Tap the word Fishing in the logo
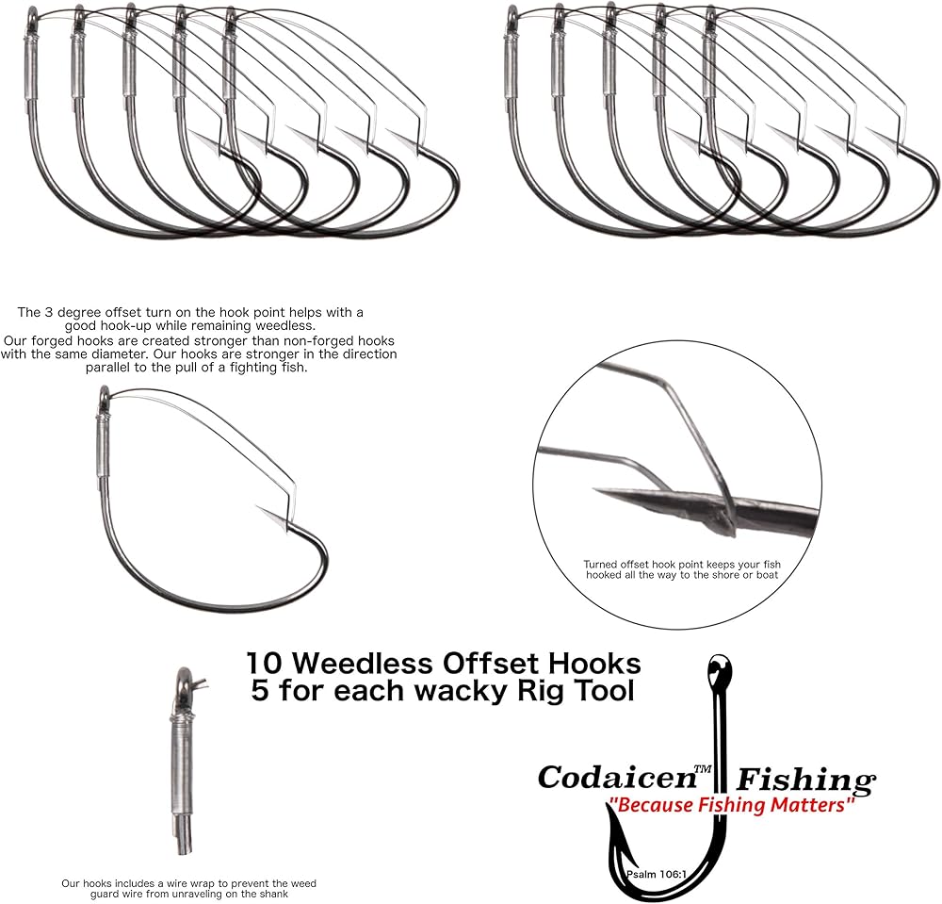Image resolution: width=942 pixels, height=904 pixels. (806, 781)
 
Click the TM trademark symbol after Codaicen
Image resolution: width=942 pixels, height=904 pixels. (702, 769)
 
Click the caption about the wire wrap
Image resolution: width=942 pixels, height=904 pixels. (188, 889)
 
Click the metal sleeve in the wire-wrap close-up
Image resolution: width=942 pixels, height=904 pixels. (183, 764)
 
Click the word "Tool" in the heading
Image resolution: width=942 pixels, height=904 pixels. (608, 691)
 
